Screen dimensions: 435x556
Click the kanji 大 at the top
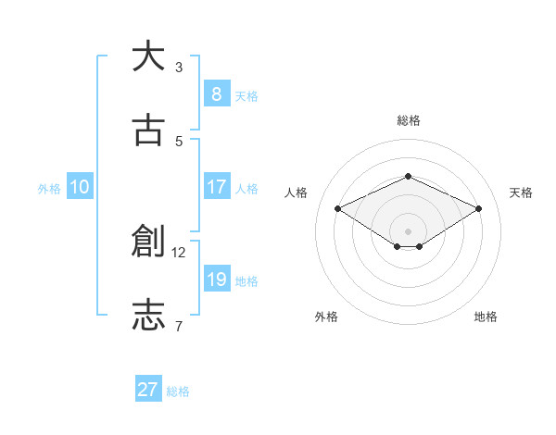(148, 56)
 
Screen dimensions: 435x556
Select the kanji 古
(148, 130)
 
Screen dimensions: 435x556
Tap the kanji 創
(148, 242)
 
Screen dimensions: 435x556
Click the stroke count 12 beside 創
(179, 252)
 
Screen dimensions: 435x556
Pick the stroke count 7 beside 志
(179, 326)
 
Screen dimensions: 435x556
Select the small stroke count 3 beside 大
(179, 67)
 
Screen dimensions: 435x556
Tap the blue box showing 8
(216, 94)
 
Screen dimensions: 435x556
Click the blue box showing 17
(216, 187)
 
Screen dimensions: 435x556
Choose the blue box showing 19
(216, 280)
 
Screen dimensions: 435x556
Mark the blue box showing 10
(80, 187)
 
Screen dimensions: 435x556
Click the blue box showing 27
(148, 390)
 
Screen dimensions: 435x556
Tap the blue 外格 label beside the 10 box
(49, 188)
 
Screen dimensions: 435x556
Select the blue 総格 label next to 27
(179, 391)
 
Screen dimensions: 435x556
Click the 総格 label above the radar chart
(408, 120)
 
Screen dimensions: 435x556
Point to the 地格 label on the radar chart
(486, 317)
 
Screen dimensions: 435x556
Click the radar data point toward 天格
(478, 208)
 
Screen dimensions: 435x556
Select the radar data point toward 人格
(338, 208)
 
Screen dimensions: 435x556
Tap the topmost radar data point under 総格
(408, 176)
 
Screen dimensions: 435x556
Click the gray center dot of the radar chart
(408, 230)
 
